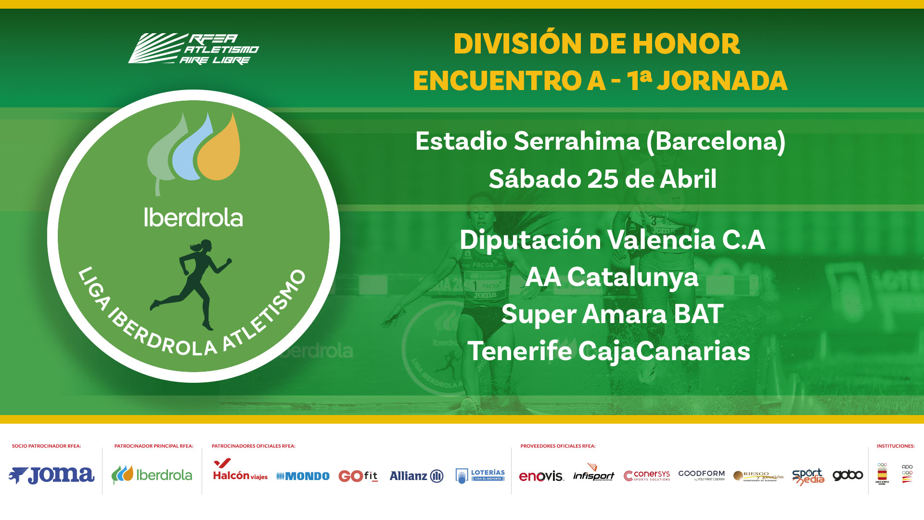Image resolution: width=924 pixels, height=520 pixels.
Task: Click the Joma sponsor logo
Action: (x=51, y=475)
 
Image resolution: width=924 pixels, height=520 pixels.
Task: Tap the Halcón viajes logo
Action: (x=240, y=470)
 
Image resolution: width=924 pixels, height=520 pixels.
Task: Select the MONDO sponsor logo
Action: (x=303, y=476)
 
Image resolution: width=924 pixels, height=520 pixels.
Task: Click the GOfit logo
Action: (x=358, y=476)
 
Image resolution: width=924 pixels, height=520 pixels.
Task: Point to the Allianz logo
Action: (x=416, y=476)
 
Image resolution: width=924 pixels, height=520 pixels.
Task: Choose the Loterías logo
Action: (x=480, y=475)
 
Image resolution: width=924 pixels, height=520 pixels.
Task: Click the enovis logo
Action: (x=541, y=476)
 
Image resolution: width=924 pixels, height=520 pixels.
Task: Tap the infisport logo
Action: (x=593, y=474)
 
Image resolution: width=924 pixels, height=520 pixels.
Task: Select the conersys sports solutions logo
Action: (x=647, y=475)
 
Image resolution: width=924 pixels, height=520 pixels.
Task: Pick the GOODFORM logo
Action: (x=701, y=475)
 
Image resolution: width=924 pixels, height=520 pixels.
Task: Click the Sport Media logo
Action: (x=808, y=476)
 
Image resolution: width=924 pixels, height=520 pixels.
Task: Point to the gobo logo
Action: (x=847, y=475)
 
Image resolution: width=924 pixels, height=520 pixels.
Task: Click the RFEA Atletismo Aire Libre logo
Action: (x=193, y=49)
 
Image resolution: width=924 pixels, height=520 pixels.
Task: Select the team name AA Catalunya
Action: (x=611, y=277)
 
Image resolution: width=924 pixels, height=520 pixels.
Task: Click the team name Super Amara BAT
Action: (x=612, y=314)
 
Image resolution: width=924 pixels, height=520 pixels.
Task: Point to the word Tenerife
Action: (x=520, y=351)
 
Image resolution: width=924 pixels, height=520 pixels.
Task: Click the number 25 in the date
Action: (x=603, y=179)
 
